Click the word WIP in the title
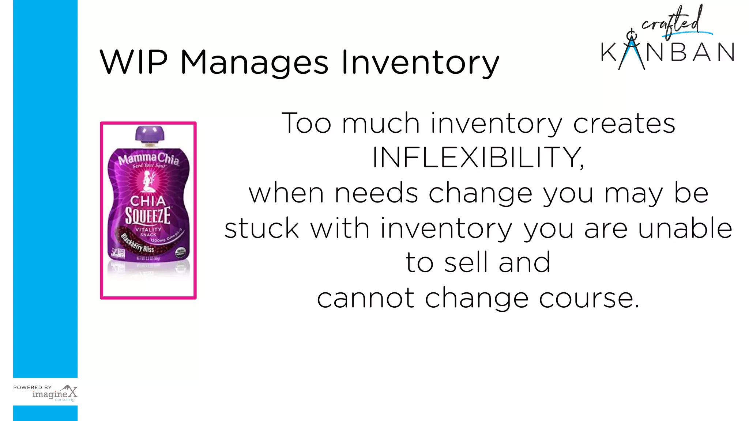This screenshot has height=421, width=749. click(x=133, y=62)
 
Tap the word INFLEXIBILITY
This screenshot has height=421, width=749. click(x=478, y=158)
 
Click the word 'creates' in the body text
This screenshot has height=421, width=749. click(x=624, y=124)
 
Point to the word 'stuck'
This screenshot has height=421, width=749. click(x=262, y=228)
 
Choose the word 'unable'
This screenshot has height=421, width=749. click(x=685, y=228)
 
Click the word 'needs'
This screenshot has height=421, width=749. click(x=376, y=193)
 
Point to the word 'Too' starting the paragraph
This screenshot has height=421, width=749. click(x=306, y=124)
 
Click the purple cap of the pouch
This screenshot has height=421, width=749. click(x=150, y=134)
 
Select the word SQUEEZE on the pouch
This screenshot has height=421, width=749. click(x=148, y=216)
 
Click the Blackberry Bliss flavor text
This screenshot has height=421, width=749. click(x=138, y=243)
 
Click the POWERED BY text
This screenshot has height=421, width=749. click(x=33, y=387)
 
